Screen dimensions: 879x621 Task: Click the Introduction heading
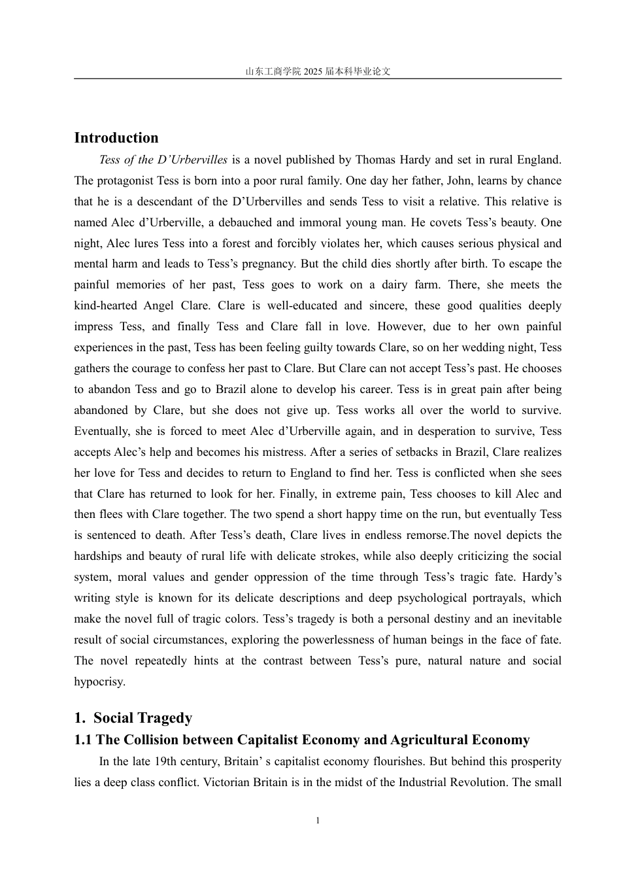click(x=116, y=138)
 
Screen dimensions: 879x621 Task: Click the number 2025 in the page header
click(x=313, y=72)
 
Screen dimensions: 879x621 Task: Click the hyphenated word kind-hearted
click(x=105, y=306)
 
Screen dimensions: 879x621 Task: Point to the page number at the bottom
click(x=318, y=821)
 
